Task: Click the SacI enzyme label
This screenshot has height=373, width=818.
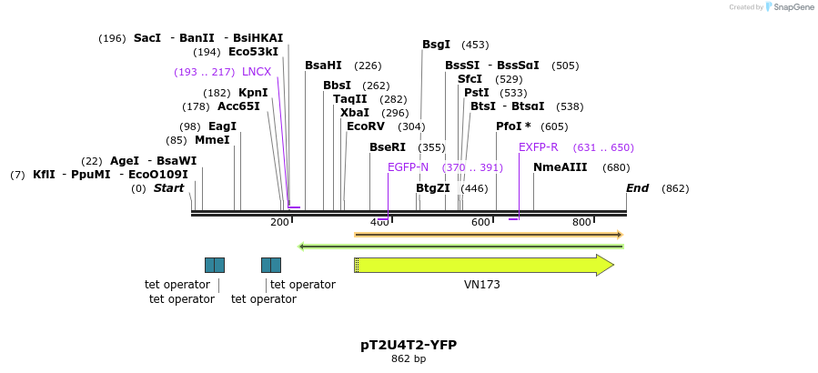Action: click(146, 38)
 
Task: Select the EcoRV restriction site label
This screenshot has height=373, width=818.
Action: click(366, 126)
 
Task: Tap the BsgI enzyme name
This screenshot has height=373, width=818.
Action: click(436, 45)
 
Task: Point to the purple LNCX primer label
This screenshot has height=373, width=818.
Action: click(257, 72)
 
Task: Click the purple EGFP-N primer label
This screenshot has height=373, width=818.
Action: click(408, 167)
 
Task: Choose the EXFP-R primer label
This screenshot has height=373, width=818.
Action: click(539, 147)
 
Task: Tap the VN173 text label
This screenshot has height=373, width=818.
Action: click(481, 285)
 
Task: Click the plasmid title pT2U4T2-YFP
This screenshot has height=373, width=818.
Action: click(409, 345)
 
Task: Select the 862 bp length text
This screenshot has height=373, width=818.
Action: click(409, 359)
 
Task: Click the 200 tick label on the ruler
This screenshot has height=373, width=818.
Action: click(279, 222)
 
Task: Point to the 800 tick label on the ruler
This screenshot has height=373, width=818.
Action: click(581, 222)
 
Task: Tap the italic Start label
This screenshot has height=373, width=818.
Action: click(168, 188)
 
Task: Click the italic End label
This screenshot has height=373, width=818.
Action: click(637, 188)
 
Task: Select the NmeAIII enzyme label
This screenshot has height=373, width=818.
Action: click(560, 167)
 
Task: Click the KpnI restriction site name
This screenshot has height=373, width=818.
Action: click(253, 93)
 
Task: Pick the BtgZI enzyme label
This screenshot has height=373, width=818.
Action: click(433, 188)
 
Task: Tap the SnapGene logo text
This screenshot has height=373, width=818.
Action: click(794, 7)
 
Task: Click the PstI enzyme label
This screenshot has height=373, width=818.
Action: click(477, 93)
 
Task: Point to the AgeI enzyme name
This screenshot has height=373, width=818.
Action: click(125, 161)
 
